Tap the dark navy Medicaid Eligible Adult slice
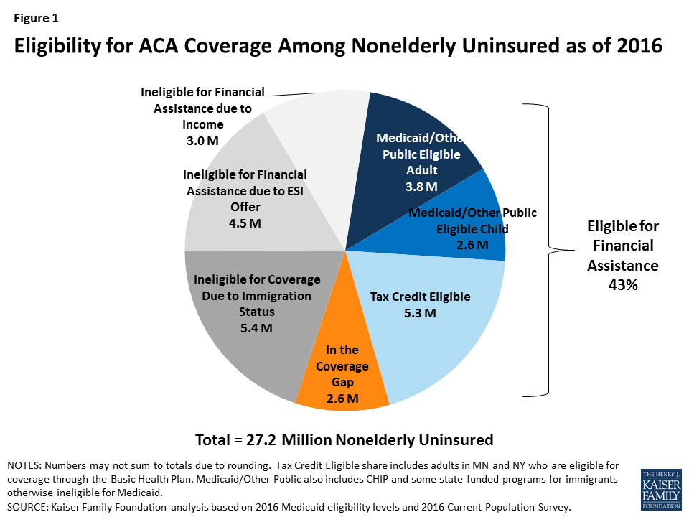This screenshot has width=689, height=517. (x=416, y=136)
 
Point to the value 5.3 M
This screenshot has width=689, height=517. (x=421, y=313)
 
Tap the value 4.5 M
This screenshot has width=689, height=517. (x=245, y=223)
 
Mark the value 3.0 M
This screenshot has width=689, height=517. (x=203, y=141)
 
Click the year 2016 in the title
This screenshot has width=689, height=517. (x=636, y=45)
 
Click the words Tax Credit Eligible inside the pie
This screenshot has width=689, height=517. (x=420, y=297)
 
